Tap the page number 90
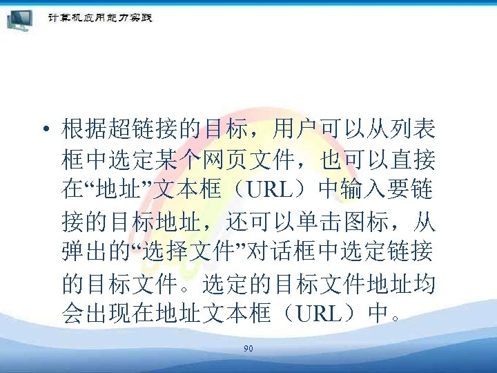[248, 349]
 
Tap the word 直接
[413, 160]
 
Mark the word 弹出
[85, 254]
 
